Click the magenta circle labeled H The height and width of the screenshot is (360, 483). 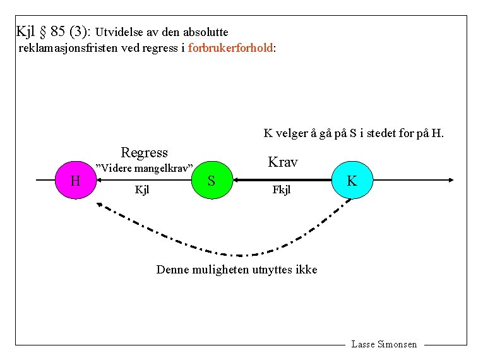pyautogui.click(x=76, y=181)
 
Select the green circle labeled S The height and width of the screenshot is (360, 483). pyautogui.click(x=212, y=181)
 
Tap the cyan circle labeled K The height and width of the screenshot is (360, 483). pyautogui.click(x=352, y=181)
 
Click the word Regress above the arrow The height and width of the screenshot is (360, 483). pyautogui.click(x=144, y=152)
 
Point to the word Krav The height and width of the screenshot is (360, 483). pyautogui.click(x=282, y=162)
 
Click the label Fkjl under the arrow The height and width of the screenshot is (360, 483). pyautogui.click(x=281, y=189)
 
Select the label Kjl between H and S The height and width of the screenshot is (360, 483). pyautogui.click(x=142, y=189)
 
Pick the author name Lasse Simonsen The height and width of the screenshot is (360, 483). pyautogui.click(x=384, y=344)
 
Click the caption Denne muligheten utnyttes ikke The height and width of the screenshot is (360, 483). pyautogui.click(x=237, y=270)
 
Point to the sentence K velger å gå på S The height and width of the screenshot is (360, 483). pyautogui.click(x=354, y=133)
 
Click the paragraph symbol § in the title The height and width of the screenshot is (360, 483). pyautogui.click(x=44, y=30)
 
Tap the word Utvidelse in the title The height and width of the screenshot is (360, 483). pyautogui.click(x=120, y=32)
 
